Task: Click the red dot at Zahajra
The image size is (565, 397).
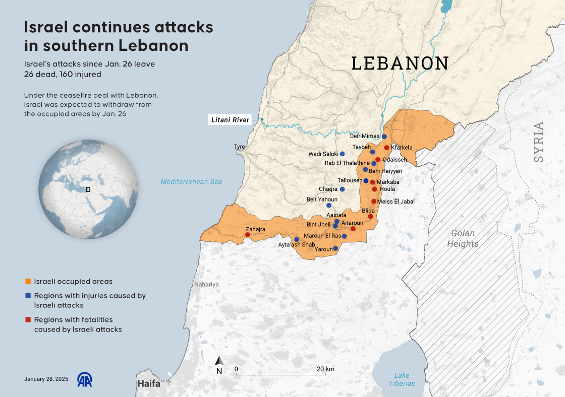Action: point(247,235)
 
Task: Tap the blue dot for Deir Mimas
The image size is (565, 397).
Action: point(384,137)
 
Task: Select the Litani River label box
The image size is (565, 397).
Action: point(230,120)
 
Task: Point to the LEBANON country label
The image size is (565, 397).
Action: point(400,63)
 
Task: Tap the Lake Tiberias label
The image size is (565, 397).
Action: point(402,379)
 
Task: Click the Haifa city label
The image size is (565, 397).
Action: point(149,383)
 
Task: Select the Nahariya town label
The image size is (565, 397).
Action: point(207,285)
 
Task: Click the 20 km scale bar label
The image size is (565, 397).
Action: point(325,369)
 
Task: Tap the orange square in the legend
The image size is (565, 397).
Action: point(28,282)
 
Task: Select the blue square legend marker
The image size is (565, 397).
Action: point(28,296)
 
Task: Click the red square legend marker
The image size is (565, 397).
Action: point(28,320)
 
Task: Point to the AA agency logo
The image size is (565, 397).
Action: point(84,379)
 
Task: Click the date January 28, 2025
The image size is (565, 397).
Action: point(46,379)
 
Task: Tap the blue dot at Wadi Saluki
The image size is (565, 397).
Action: point(343,154)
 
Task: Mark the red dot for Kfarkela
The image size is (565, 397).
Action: point(387,148)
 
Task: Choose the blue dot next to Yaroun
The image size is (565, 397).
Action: point(335,248)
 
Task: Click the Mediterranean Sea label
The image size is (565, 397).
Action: point(191,182)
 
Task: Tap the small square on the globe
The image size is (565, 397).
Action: point(88,189)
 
